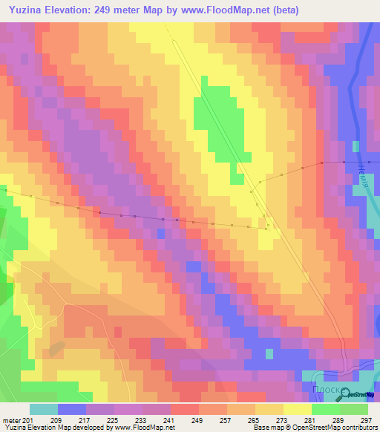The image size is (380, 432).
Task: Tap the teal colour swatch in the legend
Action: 44,409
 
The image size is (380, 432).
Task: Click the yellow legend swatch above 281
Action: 298,409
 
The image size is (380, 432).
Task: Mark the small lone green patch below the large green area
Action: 237,176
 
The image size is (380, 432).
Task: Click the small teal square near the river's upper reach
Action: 355,145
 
